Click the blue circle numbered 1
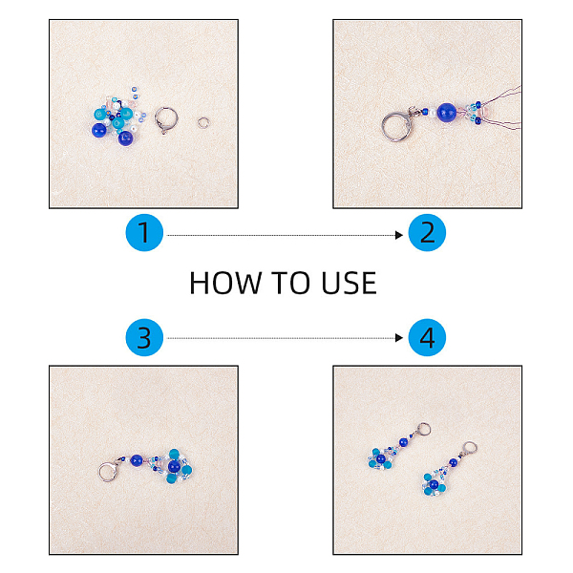(x=144, y=232)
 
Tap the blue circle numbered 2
(x=427, y=232)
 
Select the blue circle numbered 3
(x=144, y=337)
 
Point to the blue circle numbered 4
(x=427, y=337)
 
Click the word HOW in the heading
(x=225, y=283)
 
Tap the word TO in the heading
(x=291, y=283)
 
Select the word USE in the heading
(x=349, y=283)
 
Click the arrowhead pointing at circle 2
(x=399, y=235)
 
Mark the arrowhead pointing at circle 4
(x=399, y=338)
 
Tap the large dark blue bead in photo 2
(x=447, y=112)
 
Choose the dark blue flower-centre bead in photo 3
(x=174, y=466)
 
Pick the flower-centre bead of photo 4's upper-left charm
(x=381, y=458)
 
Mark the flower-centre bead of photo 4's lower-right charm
(x=435, y=485)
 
